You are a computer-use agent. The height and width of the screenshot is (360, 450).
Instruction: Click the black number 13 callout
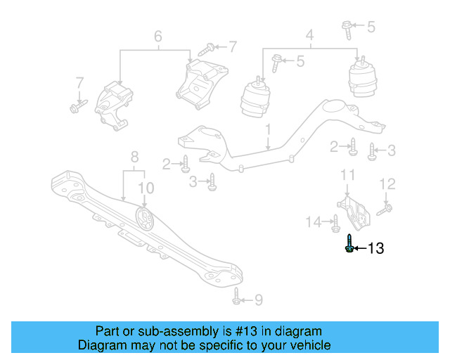point(376,248)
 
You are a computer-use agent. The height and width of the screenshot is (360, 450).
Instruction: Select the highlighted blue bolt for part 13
point(349,246)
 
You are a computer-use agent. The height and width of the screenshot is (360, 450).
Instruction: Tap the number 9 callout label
point(258,300)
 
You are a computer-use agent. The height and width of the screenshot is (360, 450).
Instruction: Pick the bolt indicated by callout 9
point(237,298)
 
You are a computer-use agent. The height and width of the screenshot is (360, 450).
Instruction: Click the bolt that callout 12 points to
point(385,208)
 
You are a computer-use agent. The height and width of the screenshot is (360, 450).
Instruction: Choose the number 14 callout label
point(314,223)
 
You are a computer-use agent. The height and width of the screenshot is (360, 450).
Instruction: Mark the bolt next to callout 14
point(335,224)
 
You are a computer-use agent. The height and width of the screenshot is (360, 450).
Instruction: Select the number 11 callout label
point(347,174)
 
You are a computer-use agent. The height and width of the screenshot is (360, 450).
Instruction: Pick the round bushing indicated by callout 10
point(145,219)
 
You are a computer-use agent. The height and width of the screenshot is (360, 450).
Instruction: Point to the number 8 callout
point(134,156)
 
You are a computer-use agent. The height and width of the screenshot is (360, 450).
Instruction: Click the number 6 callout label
point(157,36)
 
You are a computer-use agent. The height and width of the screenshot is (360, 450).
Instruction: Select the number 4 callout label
point(309,34)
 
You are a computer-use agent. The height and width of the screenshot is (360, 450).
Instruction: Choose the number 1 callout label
point(268,129)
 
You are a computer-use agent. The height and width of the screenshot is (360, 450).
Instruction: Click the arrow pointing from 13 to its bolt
point(360,248)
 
